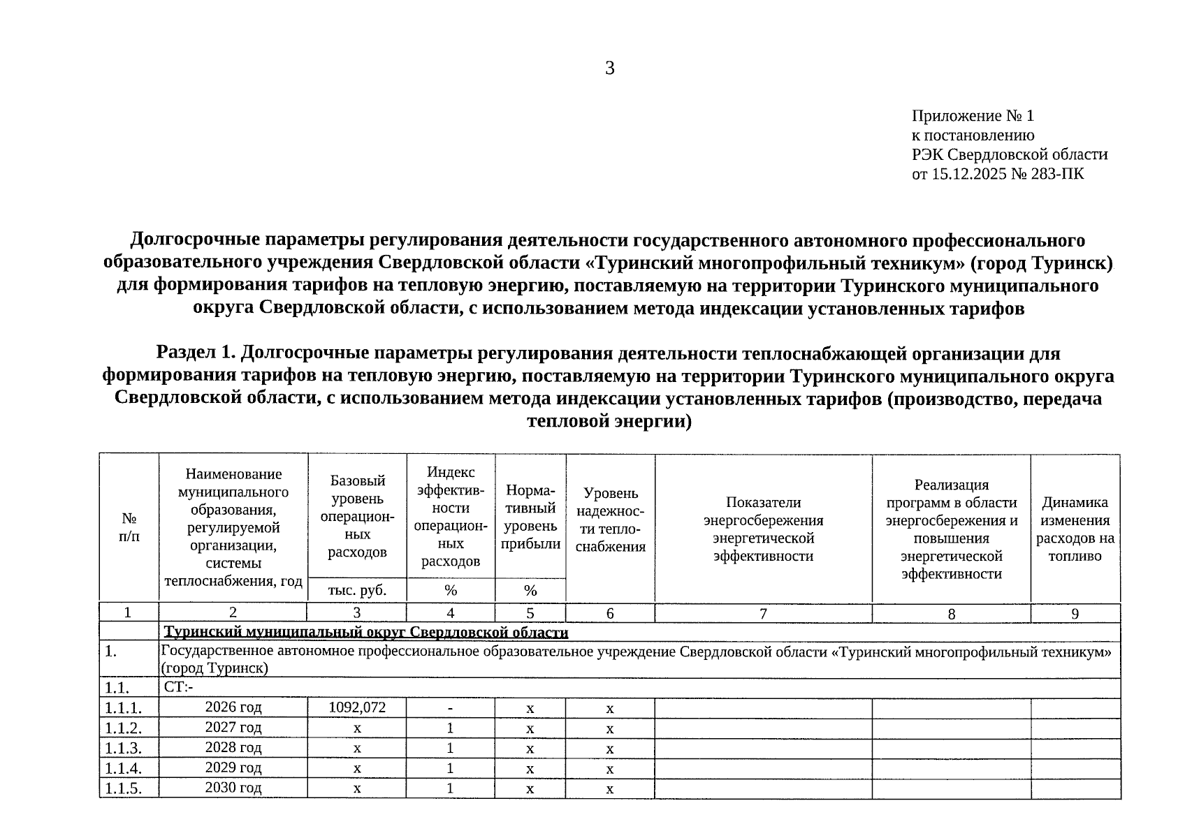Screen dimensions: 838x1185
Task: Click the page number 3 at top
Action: (609, 68)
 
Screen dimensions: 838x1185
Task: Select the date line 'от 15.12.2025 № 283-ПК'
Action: (998, 173)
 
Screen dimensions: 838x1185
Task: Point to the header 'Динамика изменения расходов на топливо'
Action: (1075, 529)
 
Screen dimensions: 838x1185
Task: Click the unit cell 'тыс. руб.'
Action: (357, 591)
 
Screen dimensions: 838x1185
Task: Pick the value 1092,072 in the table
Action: (357, 707)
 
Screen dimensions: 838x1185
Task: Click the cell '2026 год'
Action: (233, 707)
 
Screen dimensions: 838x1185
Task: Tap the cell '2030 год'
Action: (233, 788)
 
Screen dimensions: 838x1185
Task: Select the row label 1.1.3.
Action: (123, 749)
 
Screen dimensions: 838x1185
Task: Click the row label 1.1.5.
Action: (123, 789)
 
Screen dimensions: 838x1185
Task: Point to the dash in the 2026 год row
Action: (451, 708)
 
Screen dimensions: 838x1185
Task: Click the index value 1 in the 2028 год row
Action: (451, 748)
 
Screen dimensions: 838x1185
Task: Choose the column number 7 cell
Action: (763, 613)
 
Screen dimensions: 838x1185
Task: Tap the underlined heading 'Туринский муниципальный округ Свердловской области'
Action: (366, 633)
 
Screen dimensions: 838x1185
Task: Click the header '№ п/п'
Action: (129, 528)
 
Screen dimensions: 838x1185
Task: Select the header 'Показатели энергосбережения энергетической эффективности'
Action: (763, 529)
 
